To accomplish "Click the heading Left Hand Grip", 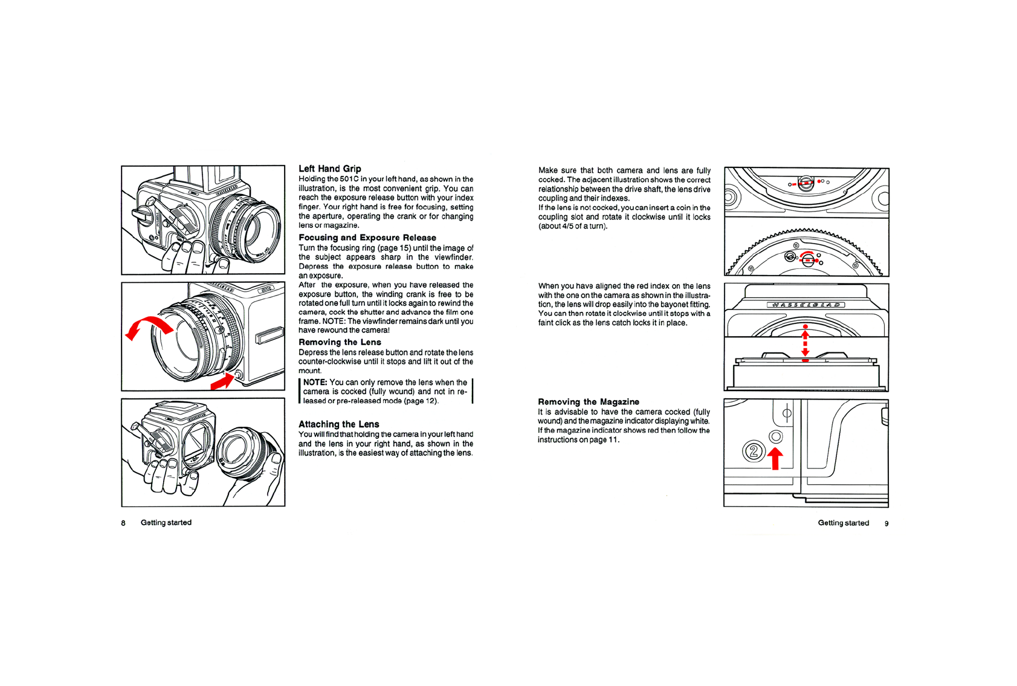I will [329, 169].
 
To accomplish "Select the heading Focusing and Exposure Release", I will [367, 238].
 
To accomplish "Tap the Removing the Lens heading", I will [340, 342].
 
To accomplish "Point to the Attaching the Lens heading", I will [338, 424].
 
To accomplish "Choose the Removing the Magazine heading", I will [588, 402].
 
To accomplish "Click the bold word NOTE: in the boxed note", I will [315, 383].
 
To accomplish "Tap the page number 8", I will [123, 523].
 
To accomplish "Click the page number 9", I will [886, 523].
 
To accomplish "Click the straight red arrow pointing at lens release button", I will [222, 381].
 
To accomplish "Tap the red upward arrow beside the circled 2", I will [775, 458].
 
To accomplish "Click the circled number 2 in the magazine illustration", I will [754, 451].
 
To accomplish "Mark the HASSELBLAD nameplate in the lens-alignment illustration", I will [806, 305].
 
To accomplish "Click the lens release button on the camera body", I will [237, 375].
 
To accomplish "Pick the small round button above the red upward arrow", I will [776, 436].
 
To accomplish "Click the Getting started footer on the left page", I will [166, 523].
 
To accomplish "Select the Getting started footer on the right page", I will [843, 523].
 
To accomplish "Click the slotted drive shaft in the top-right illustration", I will [805, 182].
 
